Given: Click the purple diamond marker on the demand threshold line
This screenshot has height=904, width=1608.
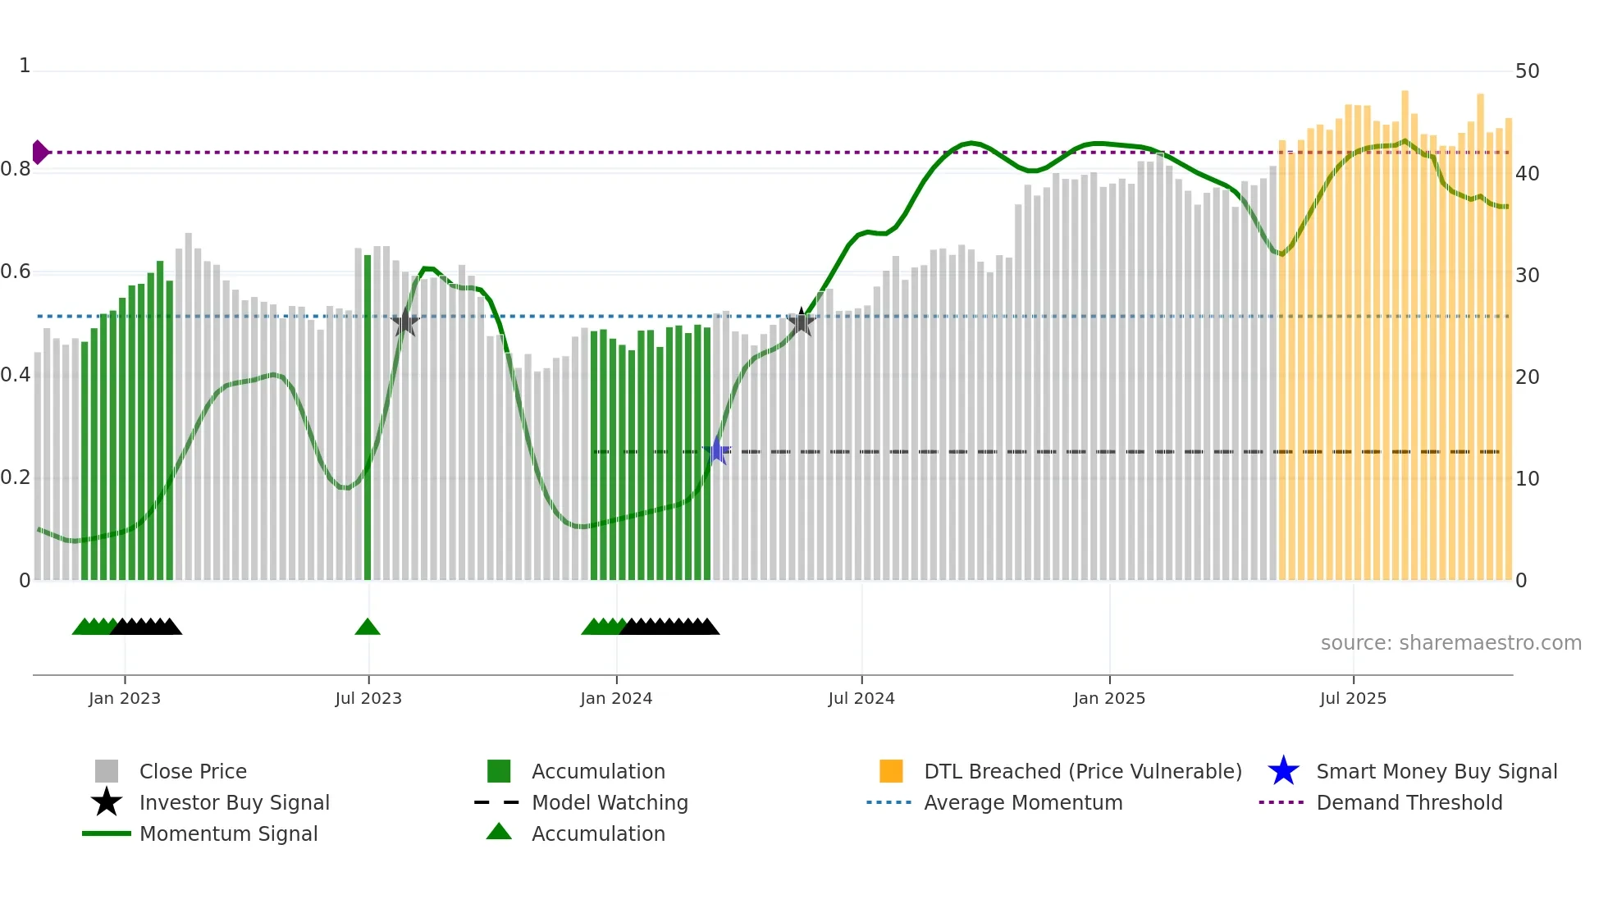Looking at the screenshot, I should pyautogui.click(x=39, y=152).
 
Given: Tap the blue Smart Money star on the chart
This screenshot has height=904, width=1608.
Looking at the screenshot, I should pyautogui.click(x=717, y=450).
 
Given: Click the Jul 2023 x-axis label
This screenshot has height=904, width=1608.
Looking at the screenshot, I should pyautogui.click(x=368, y=698).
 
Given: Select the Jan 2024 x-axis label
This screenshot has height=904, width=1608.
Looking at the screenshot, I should pyautogui.click(x=616, y=698).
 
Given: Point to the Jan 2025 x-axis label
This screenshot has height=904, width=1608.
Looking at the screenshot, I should pyautogui.click(x=1109, y=698).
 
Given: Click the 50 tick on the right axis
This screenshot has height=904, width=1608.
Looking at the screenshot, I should pyautogui.click(x=1527, y=71).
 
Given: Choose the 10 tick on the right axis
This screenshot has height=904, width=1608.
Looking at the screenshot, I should pyautogui.click(x=1527, y=478).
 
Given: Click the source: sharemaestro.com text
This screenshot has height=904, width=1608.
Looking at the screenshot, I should pyautogui.click(x=1450, y=642).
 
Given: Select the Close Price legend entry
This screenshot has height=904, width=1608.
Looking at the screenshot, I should pyautogui.click(x=193, y=771).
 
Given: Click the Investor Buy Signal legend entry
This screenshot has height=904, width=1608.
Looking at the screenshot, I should pyautogui.click(x=234, y=802).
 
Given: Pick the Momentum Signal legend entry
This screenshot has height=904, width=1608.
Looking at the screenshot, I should pyautogui.click(x=228, y=833).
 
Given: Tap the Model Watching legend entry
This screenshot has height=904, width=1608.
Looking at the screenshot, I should pyautogui.click(x=610, y=802).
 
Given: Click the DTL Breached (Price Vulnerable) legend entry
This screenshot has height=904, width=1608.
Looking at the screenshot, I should pyautogui.click(x=1082, y=771).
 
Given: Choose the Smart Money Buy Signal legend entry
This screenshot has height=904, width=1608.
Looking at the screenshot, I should pyautogui.click(x=1436, y=771).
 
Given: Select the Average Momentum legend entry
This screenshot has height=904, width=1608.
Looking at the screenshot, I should pyautogui.click(x=1023, y=802).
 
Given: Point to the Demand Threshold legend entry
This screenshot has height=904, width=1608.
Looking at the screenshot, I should pyautogui.click(x=1409, y=802).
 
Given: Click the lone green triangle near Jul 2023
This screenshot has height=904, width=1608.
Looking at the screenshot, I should pyautogui.click(x=368, y=628).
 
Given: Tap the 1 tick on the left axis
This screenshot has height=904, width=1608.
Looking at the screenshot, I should pyautogui.click(x=25, y=66).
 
